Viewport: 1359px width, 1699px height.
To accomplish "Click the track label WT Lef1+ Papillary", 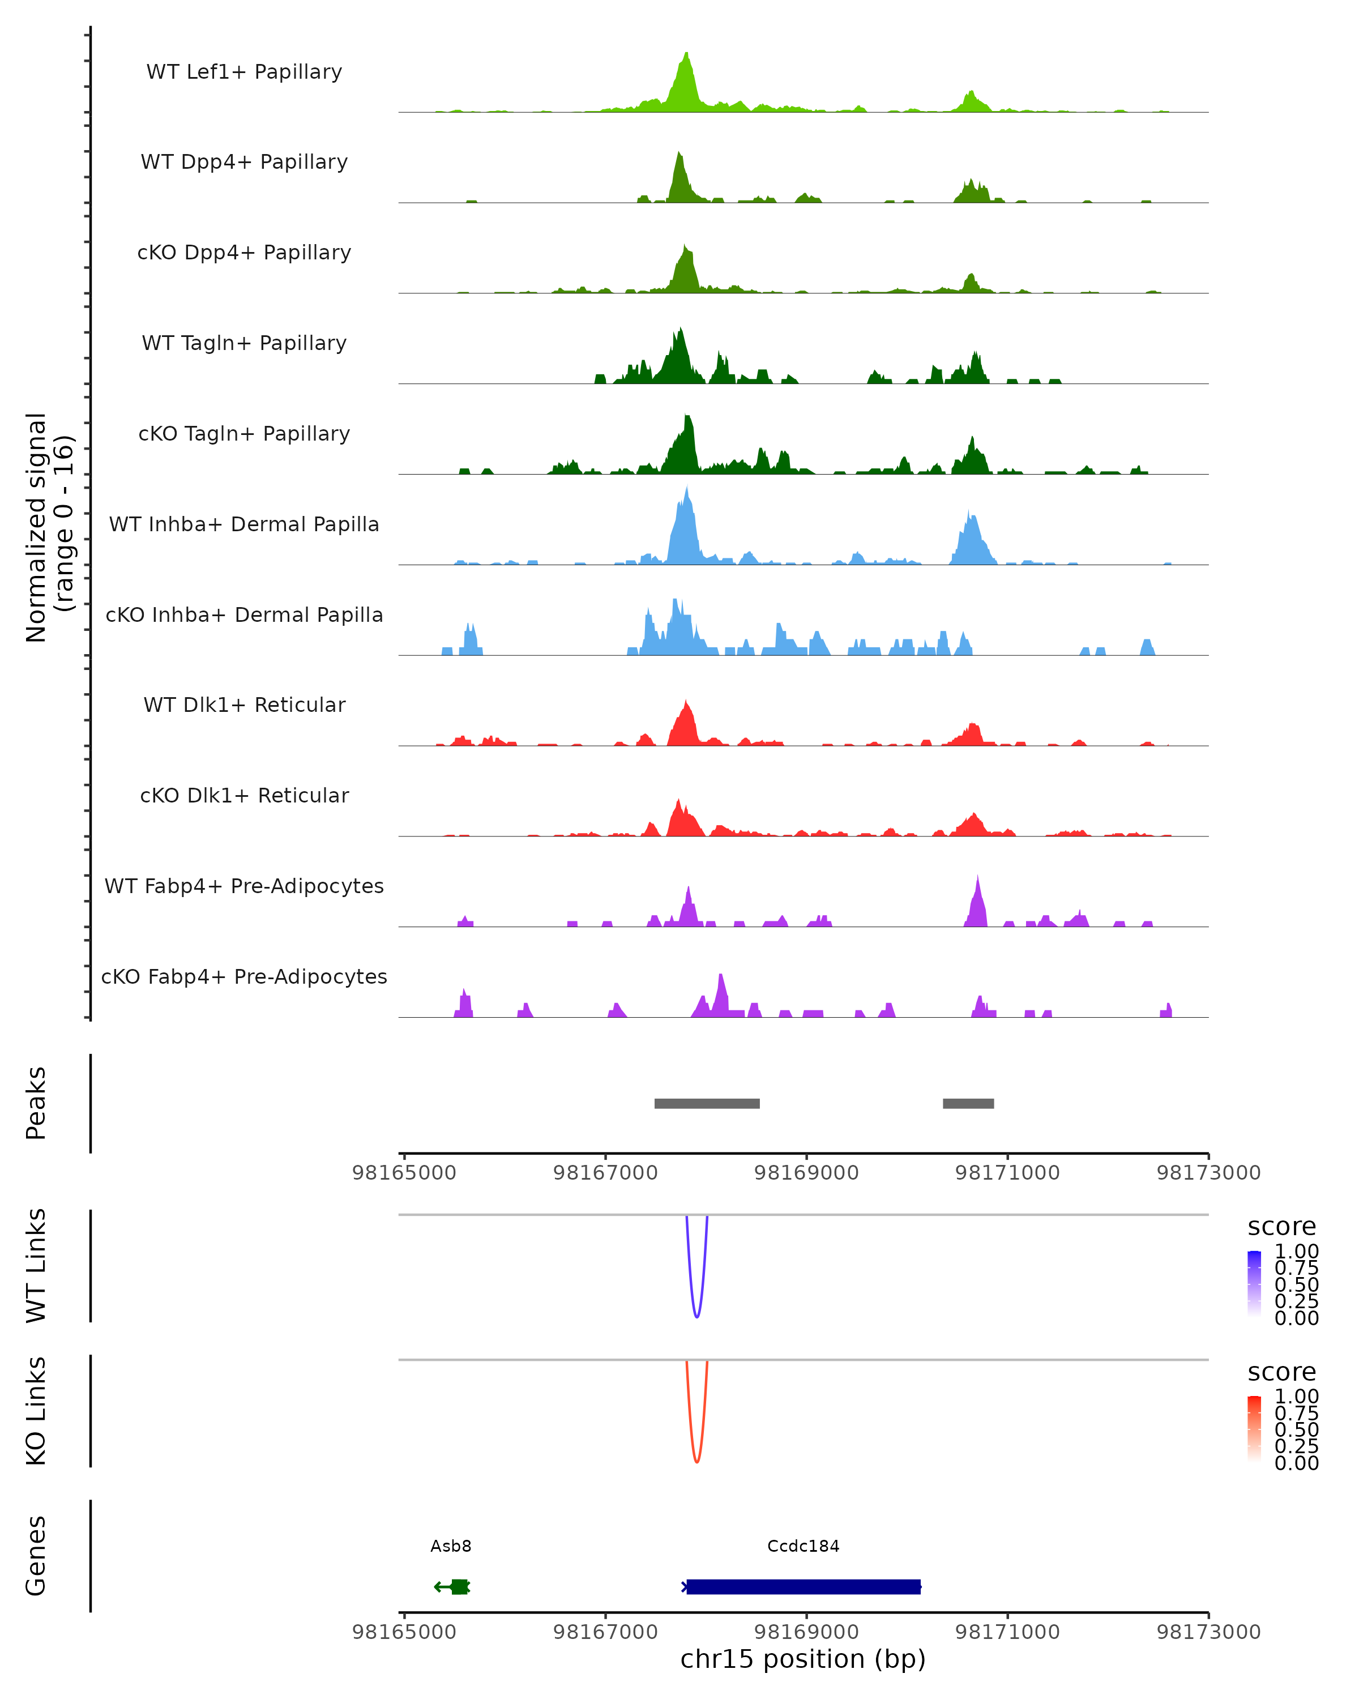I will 244,72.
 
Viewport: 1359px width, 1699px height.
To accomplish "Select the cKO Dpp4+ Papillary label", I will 244,253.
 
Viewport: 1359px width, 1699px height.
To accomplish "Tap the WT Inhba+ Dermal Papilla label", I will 244,525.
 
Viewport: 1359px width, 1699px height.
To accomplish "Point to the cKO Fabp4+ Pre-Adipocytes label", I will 244,977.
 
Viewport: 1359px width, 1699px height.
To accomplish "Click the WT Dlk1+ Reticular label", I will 244,705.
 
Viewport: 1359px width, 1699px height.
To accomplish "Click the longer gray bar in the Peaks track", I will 707,1103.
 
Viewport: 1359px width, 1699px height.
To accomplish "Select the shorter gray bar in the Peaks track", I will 968,1103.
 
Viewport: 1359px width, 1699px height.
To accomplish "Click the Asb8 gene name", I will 451,1546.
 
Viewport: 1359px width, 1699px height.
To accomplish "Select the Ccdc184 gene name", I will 803,1546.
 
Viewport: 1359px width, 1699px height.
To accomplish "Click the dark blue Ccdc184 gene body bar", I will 803,1586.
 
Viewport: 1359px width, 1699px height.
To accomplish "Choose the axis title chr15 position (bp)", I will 803,1659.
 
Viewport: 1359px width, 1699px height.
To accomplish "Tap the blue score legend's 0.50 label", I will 1297,1284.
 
